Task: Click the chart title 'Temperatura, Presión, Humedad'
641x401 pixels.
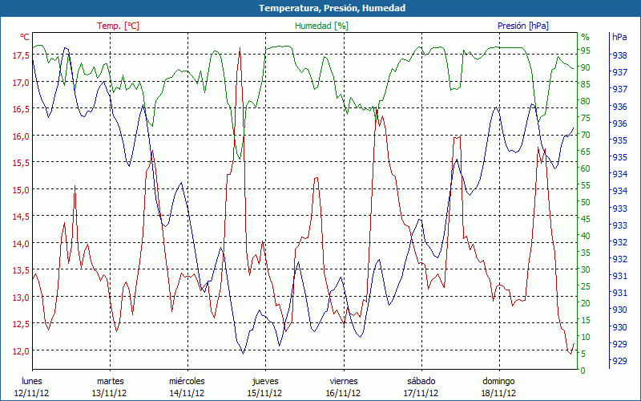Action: coord(320,8)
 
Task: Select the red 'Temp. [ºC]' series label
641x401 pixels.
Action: coord(118,26)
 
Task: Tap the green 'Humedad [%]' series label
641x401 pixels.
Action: coord(321,26)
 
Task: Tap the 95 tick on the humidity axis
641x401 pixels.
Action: coord(585,51)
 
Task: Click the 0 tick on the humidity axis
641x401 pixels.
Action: coord(583,371)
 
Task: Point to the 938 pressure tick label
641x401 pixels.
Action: coord(619,55)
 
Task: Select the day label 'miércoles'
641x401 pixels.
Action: coord(187,381)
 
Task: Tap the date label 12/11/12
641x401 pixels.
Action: coord(31,393)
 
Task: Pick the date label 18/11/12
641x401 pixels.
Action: coord(498,393)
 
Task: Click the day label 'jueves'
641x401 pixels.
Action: coord(265,381)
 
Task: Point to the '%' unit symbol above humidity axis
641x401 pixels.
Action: coord(585,37)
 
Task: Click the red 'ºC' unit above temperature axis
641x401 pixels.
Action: coord(25,37)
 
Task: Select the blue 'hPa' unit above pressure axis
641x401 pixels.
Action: coord(619,37)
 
